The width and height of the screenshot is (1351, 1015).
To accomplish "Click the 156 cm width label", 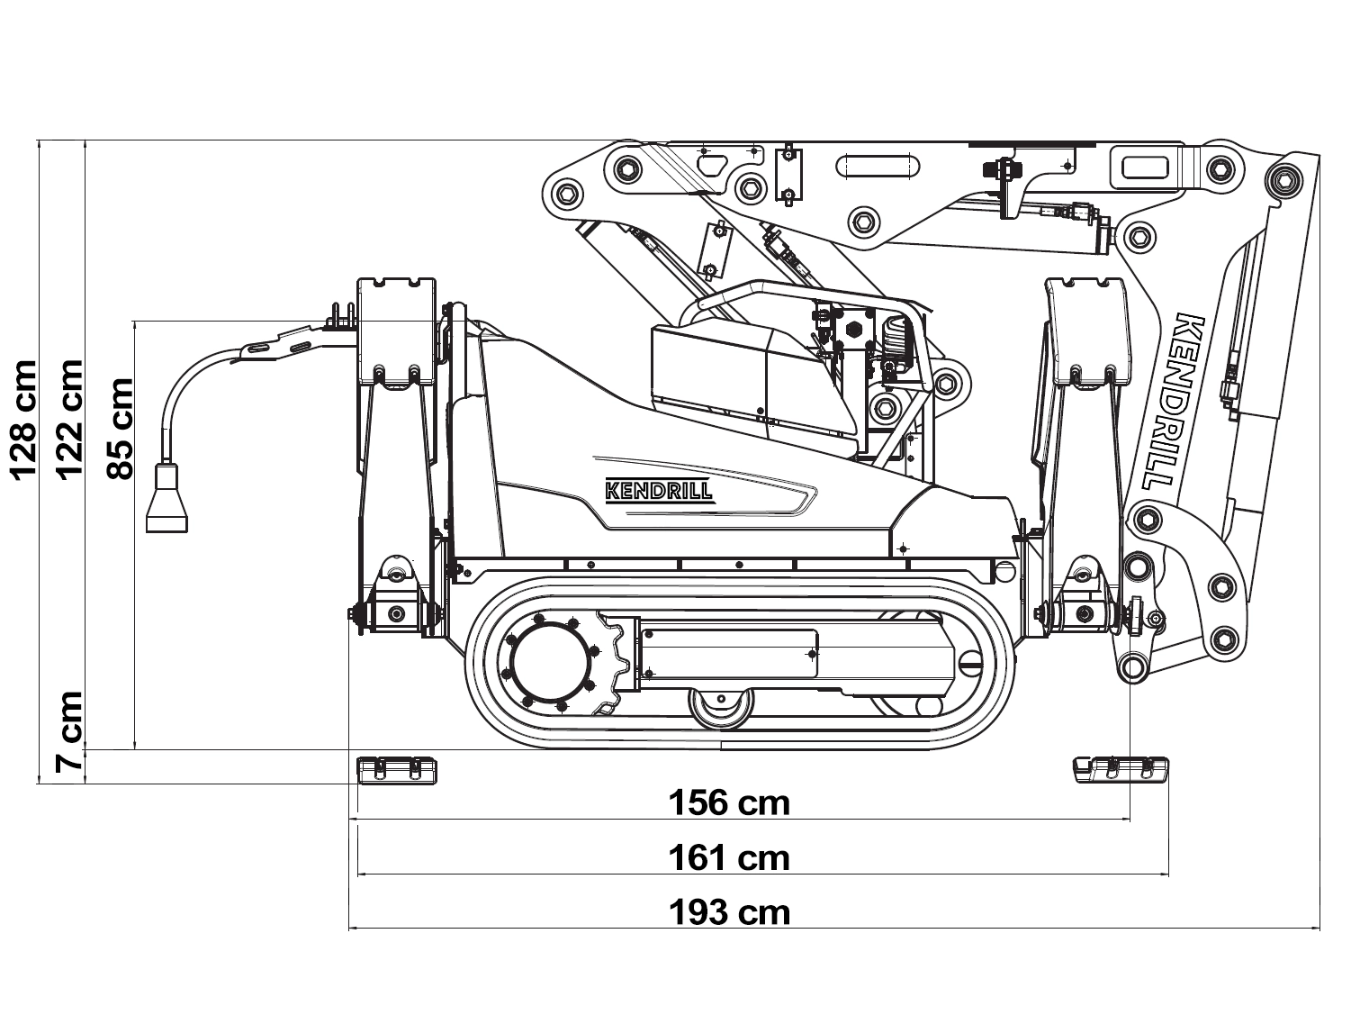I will (729, 802).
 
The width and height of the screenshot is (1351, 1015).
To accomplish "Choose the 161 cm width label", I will (729, 857).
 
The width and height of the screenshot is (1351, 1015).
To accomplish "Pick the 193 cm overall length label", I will (729, 912).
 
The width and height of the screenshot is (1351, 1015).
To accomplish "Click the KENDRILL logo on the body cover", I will (659, 491).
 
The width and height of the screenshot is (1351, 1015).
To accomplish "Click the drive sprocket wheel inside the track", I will (552, 665).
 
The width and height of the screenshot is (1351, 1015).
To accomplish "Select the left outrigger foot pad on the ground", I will (397, 769).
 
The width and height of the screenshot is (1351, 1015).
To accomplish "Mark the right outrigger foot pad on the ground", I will (1121, 769).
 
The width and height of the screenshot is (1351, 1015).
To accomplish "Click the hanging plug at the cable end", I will (167, 500).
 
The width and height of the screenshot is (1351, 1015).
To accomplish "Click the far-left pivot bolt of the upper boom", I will (567, 192).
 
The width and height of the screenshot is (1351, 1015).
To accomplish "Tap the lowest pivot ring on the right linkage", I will (1131, 667).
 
